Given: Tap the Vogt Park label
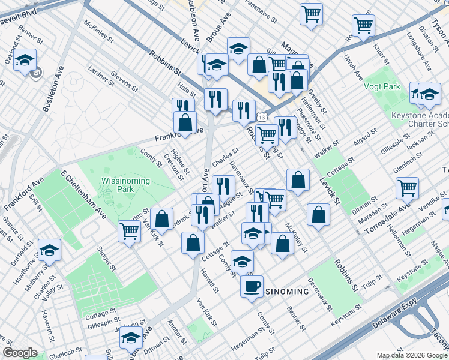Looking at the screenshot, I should click(381, 86).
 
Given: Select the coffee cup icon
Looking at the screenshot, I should click(252, 286).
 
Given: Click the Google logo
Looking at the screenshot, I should click(20, 353).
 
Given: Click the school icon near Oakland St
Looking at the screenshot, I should click(25, 60).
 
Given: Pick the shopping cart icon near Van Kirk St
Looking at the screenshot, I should click(130, 231).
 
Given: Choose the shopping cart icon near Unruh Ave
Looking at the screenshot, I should click(363, 25).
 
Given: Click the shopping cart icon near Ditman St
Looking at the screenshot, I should click(408, 188).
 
